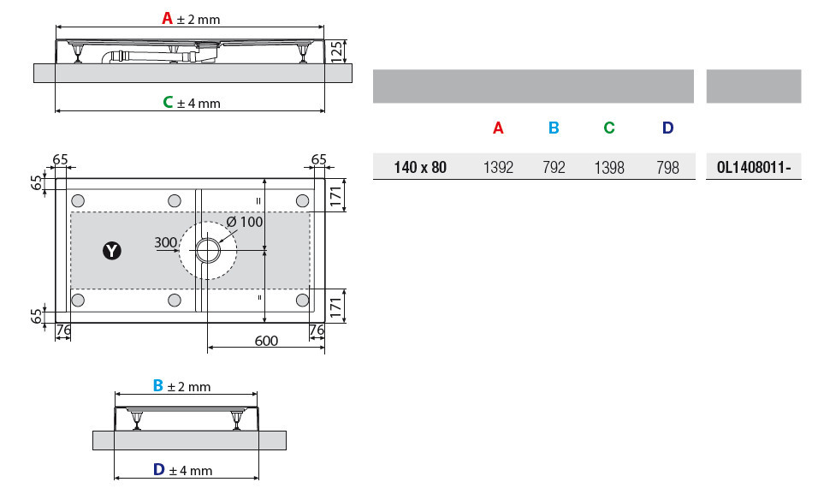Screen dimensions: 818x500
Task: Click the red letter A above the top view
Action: click(x=167, y=19)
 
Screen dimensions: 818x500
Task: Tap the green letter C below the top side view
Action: click(x=168, y=102)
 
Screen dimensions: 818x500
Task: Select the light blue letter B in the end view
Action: click(x=158, y=385)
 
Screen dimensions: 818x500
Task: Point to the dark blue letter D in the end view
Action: click(x=159, y=470)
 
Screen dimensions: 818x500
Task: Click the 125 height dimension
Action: click(x=337, y=51)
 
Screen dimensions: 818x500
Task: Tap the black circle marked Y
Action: click(x=111, y=251)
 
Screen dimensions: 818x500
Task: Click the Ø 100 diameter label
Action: click(x=245, y=222)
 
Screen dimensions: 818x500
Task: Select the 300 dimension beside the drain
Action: click(x=165, y=242)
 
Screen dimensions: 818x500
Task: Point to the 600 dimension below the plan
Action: click(x=266, y=341)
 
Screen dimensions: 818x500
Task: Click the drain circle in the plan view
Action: click(x=208, y=251)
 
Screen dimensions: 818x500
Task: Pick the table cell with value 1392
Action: click(x=498, y=168)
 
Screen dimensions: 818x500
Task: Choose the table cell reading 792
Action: click(x=554, y=168)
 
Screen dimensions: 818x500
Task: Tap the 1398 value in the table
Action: click(x=609, y=168)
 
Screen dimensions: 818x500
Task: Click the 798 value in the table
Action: click(x=667, y=168)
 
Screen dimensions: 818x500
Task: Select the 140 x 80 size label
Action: click(x=420, y=168)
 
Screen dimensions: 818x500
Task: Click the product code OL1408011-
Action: click(x=754, y=168)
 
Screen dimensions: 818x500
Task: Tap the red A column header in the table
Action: click(x=498, y=128)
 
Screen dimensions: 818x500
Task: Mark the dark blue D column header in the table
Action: click(x=667, y=128)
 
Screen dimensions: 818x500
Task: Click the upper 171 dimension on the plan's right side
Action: click(x=336, y=196)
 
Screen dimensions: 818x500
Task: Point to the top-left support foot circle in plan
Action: click(x=78, y=201)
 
